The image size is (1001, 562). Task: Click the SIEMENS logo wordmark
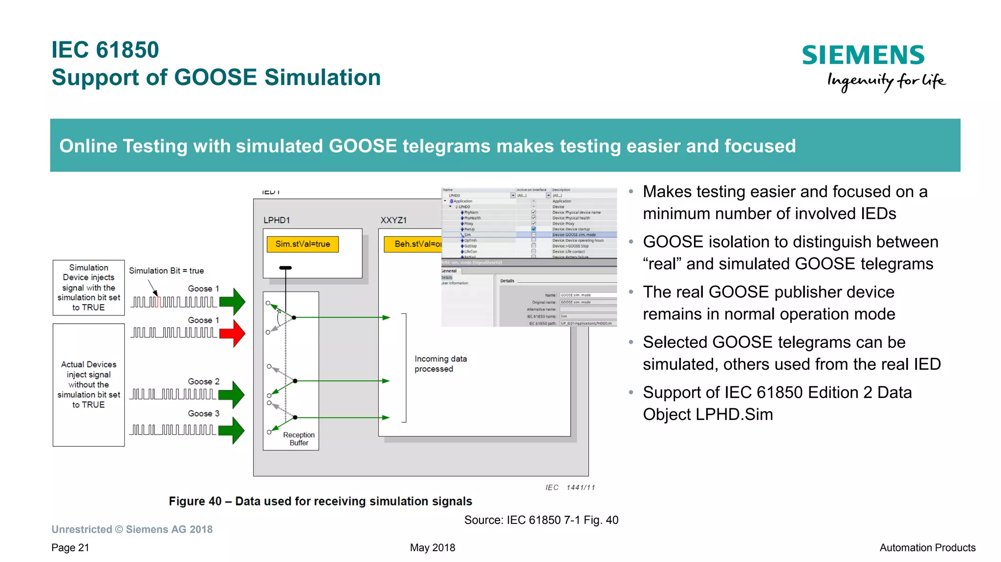pos(863,55)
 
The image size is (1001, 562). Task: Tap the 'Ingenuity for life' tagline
pos(886,81)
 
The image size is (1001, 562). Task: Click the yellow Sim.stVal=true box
pos(303,244)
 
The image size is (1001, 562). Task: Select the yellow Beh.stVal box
pos(413,244)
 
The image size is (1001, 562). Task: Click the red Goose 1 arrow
pos(233,333)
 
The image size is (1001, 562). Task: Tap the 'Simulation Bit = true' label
pos(166,271)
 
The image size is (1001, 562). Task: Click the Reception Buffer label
pos(299,438)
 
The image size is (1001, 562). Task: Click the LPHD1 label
pos(277,220)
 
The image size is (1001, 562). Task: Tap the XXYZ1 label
pos(393,220)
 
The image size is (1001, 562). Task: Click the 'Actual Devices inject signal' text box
pos(88,385)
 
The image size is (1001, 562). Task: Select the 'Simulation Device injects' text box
pos(88,288)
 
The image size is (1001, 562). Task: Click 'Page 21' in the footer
pos(70,548)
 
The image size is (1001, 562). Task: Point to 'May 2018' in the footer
pos(433,548)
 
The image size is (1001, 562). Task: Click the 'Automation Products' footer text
pos(927,548)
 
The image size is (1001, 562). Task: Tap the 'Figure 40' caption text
pos(320,501)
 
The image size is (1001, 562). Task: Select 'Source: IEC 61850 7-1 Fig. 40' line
pos(541,520)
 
